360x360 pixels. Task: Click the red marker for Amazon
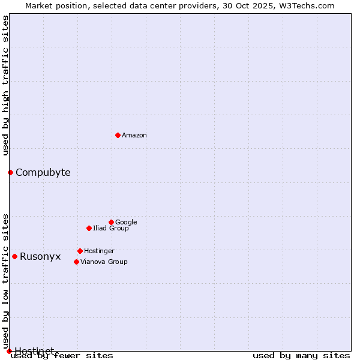pos(118,135)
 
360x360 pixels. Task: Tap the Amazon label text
pos(134,136)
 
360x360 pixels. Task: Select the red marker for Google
pos(111,222)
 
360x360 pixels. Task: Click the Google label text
pos(126,223)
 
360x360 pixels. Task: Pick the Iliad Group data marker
pos(89,228)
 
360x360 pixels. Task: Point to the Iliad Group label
pos(111,229)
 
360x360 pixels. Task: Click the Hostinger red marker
pos(80,251)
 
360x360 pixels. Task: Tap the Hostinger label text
pos(99,251)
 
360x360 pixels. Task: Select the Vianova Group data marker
pos(76,262)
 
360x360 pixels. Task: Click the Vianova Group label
pos(104,262)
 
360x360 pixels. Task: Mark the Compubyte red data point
pos(10,172)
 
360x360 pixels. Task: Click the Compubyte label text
pos(43,173)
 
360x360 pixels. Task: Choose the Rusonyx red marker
pos(14,256)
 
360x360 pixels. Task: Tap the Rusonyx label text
pos(40,257)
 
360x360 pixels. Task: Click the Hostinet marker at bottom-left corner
pos(9,351)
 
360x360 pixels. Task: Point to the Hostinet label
pos(34,350)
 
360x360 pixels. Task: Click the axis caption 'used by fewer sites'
pos(62,356)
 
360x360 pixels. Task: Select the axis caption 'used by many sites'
pos(301,356)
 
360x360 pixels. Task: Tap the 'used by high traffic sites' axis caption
pos(5,85)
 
